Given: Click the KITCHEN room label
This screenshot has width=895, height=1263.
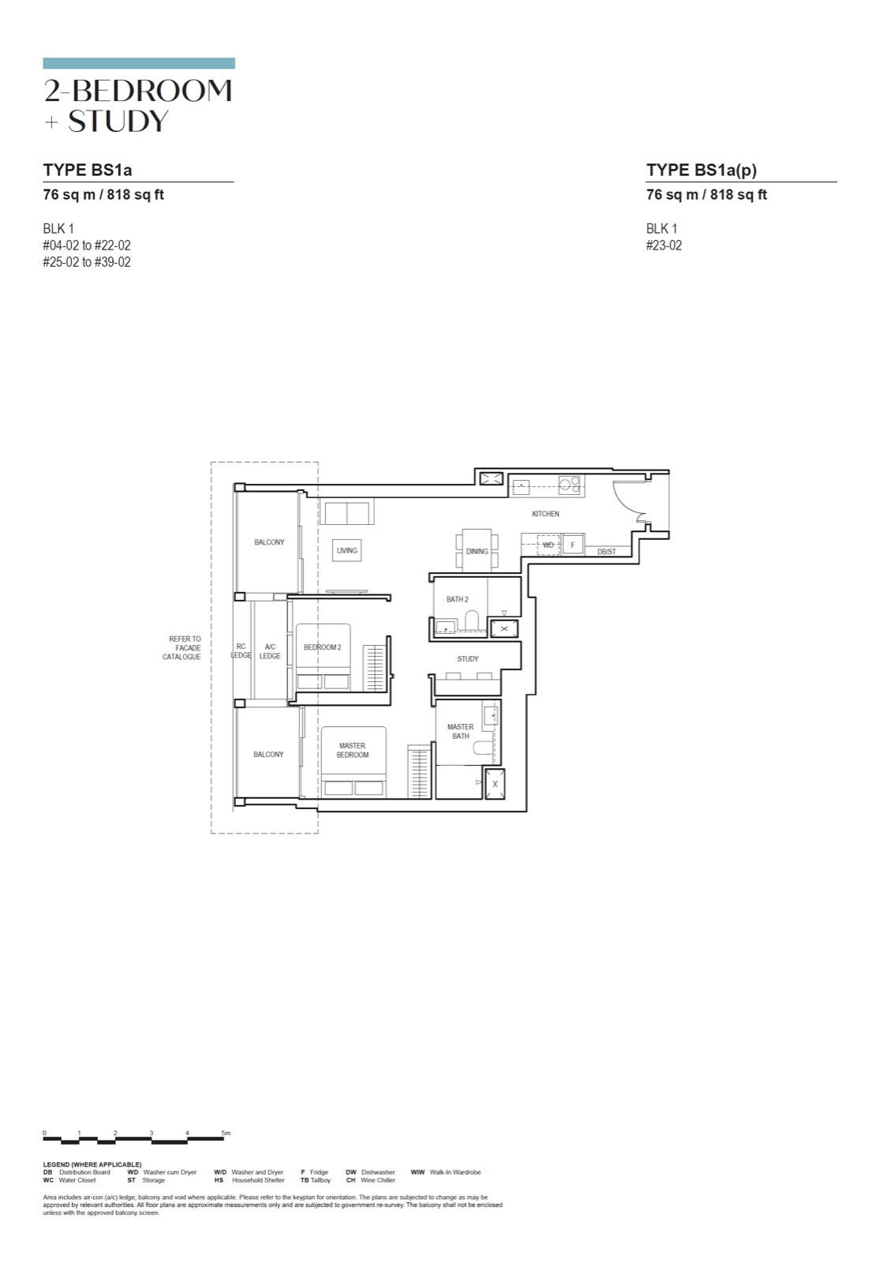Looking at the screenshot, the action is (x=545, y=514).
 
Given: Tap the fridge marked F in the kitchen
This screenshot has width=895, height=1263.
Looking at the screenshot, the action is (x=573, y=545).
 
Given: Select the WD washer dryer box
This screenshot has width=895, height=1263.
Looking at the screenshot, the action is (x=548, y=545).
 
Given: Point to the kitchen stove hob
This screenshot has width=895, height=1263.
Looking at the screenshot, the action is (x=569, y=485).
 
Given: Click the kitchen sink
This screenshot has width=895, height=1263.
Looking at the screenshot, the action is (x=521, y=486).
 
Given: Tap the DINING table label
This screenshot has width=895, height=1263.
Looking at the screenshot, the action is (x=477, y=552).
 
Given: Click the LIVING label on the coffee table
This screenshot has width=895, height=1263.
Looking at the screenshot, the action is (x=346, y=550).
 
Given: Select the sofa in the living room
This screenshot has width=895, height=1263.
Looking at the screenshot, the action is (x=346, y=512).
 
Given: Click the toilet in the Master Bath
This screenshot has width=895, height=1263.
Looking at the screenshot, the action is (x=483, y=748).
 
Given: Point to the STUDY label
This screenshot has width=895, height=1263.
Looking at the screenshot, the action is (x=468, y=658).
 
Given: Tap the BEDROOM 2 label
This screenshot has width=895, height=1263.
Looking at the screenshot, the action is (x=322, y=647).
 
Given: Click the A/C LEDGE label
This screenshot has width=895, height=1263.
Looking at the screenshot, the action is (x=270, y=651).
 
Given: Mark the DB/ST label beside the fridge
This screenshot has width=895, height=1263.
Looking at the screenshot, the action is (x=606, y=552).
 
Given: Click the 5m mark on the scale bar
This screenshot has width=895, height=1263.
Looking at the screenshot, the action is (x=226, y=1133).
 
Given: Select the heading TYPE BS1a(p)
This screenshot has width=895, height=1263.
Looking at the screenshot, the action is (x=701, y=170).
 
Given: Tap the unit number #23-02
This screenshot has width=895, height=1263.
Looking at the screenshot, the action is (x=664, y=245).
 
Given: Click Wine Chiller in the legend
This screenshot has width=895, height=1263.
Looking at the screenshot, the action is (x=377, y=1180).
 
